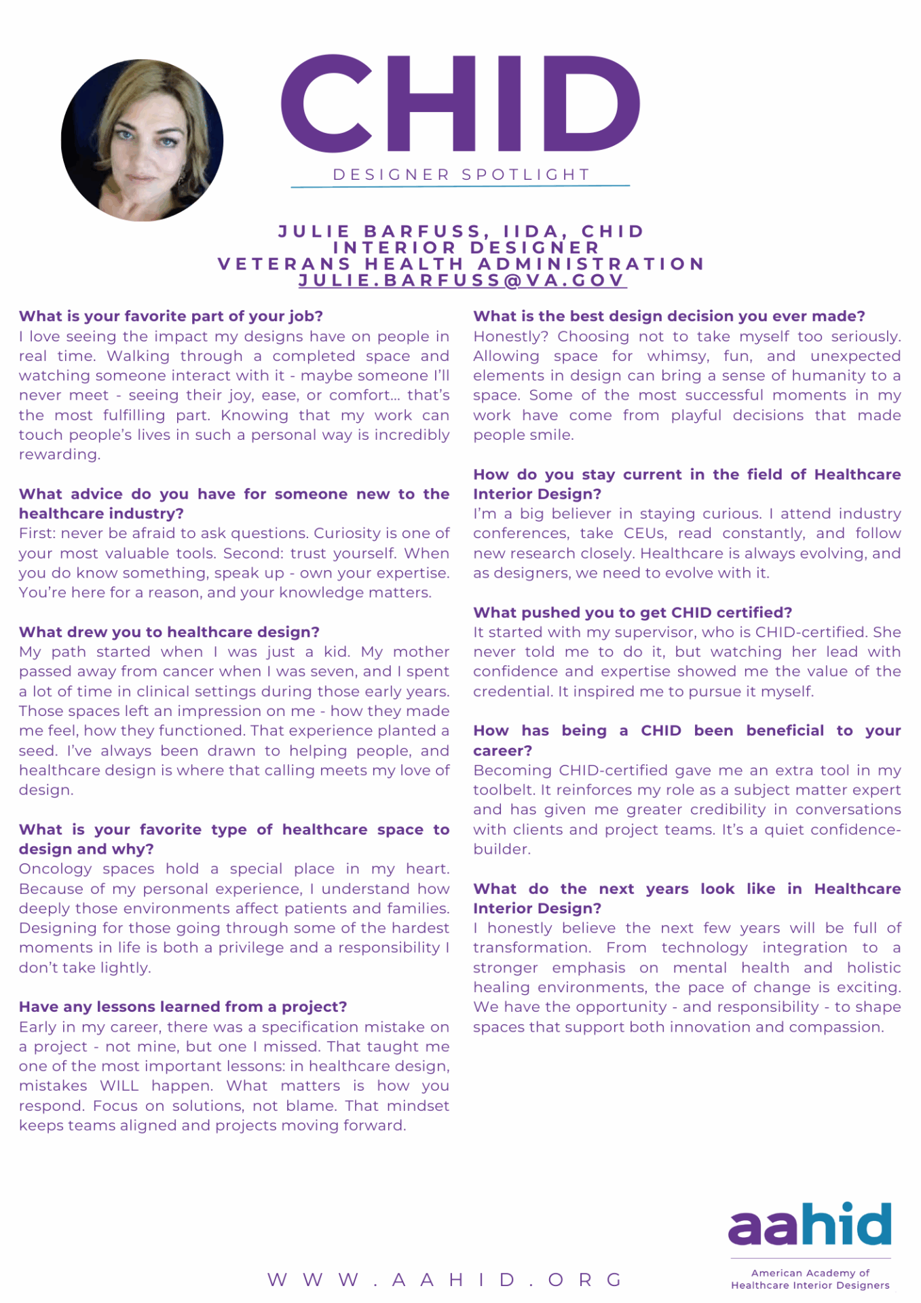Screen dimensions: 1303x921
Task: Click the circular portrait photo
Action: [142, 140]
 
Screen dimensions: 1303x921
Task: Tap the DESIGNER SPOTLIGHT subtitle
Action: [461, 175]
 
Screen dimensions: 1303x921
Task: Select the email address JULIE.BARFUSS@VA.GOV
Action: [462, 280]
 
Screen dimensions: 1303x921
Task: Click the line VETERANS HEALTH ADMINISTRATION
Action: [462, 264]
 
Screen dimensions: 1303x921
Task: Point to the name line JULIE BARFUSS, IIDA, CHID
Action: [462, 231]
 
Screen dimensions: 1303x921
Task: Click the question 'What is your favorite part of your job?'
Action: [170, 316]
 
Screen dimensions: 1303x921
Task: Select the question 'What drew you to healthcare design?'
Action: [169, 632]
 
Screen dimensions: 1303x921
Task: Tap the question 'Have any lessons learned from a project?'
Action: [183, 1007]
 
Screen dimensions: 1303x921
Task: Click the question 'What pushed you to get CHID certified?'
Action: [633, 613]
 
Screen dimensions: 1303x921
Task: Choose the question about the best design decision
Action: [669, 316]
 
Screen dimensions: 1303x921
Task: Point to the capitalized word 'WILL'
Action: [119, 1086]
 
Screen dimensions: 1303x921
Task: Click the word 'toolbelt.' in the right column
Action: [504, 791]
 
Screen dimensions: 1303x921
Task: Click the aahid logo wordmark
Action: [810, 1225]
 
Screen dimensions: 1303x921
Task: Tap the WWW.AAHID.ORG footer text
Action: [445, 1280]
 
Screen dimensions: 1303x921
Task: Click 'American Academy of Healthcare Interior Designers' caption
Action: [810, 1279]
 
